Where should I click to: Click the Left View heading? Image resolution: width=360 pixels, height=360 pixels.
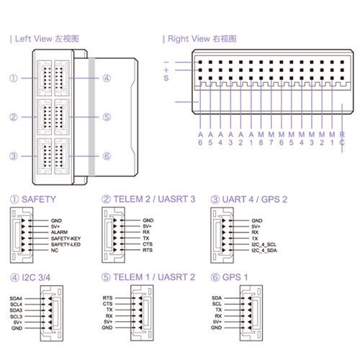pyautogui.click(x=45, y=39)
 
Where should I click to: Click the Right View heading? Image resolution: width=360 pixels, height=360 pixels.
pyautogui.click(x=199, y=39)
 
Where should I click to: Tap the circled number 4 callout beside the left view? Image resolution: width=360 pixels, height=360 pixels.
pyautogui.click(x=107, y=78)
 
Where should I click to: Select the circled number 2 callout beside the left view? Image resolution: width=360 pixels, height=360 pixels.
pyautogui.click(x=14, y=117)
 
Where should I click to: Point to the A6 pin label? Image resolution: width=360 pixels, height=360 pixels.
pyautogui.click(x=200, y=138)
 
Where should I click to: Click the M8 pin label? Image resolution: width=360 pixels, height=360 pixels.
pyautogui.click(x=261, y=138)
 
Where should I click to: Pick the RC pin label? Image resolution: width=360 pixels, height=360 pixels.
pyautogui.click(x=342, y=138)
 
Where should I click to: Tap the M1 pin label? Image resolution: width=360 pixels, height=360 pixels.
pyautogui.click(x=332, y=138)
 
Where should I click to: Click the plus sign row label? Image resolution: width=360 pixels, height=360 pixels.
pyautogui.click(x=166, y=70)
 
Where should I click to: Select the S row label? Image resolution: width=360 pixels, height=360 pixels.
pyautogui.click(x=166, y=78)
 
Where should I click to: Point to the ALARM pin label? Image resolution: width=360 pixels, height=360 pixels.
pyautogui.click(x=59, y=232)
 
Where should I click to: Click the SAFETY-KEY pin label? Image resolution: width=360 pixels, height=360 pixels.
pyautogui.click(x=66, y=238)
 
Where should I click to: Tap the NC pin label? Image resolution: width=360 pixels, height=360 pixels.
pyautogui.click(x=55, y=251)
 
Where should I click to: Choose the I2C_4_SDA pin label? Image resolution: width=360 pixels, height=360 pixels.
pyautogui.click(x=264, y=251)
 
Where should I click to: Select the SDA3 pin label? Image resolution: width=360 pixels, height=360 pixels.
pyautogui.click(x=16, y=310)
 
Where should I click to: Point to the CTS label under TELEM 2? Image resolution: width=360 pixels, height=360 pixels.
pyautogui.click(x=148, y=244)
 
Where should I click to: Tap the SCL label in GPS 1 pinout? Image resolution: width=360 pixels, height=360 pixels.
pyautogui.click(x=217, y=304)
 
